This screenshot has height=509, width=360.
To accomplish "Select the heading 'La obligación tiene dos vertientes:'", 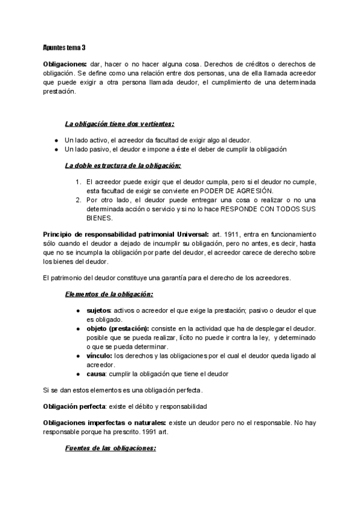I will pos(119,124).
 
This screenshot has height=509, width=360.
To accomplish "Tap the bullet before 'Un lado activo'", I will pos(55,139).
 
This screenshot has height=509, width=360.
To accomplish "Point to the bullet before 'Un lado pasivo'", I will pos(55,149).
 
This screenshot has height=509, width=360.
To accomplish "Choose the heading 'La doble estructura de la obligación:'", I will pos(122,164).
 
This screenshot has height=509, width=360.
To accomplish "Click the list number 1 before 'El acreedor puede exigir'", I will pos(78,181).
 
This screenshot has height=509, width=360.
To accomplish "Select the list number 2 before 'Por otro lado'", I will pos(78,200).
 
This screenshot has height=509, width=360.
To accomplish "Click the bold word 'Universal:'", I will pos(189,233).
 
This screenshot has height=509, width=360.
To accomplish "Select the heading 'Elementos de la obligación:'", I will pos(109,294).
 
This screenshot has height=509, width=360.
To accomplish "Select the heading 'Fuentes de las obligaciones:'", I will pos(110,448).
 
